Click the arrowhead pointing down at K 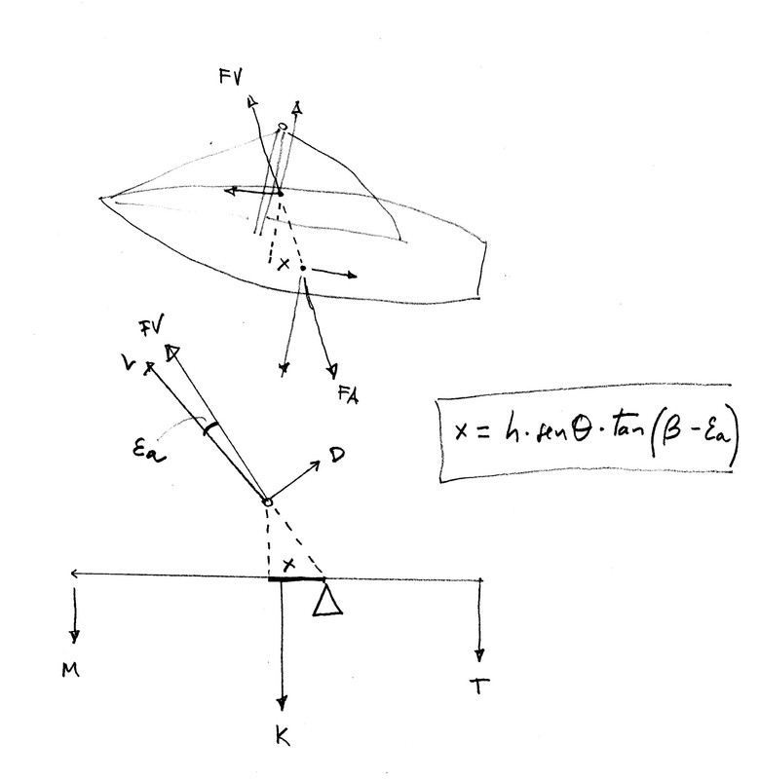click(x=282, y=703)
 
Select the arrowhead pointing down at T click(x=479, y=652)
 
